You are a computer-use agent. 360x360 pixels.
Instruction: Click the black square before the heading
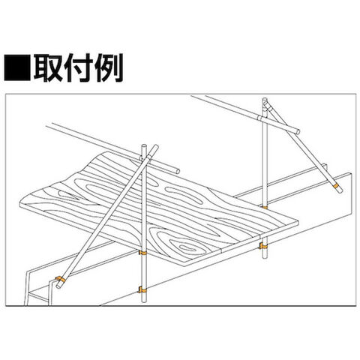click(17, 67)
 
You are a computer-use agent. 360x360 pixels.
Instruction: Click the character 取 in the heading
click(48, 67)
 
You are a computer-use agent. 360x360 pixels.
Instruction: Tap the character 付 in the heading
click(78, 67)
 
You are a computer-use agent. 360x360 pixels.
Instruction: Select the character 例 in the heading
click(109, 67)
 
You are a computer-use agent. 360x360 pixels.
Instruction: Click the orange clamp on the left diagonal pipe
click(60, 280)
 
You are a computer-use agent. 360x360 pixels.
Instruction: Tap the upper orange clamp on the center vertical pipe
click(143, 253)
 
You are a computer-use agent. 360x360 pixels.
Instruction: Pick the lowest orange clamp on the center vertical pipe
click(142, 289)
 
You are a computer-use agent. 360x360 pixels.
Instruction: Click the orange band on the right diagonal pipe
click(336, 186)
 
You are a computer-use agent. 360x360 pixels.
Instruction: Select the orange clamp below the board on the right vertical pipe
click(262, 246)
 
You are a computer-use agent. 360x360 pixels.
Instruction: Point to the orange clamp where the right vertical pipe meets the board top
click(265, 207)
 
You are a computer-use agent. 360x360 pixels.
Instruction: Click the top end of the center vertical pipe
click(144, 145)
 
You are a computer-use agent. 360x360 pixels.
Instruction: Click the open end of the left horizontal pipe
click(178, 171)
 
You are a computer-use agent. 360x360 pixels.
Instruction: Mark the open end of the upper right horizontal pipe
click(297, 131)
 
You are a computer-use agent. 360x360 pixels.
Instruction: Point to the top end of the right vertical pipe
click(265, 100)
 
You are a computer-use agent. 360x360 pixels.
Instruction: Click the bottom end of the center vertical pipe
click(143, 301)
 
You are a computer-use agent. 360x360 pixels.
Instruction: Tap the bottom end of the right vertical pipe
click(263, 257)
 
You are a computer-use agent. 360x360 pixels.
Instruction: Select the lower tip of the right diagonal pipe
click(340, 191)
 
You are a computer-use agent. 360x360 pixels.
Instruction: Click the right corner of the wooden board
click(298, 223)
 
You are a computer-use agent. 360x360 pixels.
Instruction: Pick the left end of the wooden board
click(20, 204)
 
